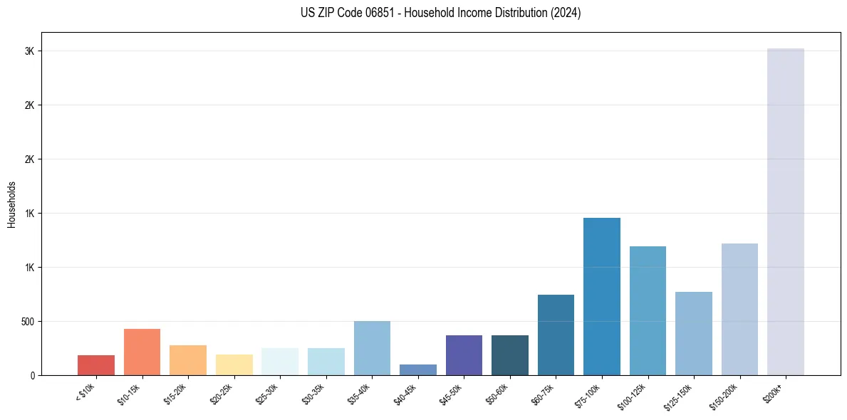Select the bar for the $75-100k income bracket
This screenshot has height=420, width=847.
point(601,296)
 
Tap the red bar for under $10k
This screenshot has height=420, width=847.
point(96,364)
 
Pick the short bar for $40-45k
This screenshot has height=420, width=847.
point(417,369)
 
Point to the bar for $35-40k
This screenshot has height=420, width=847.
point(372,348)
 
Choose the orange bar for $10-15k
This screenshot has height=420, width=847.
point(142,352)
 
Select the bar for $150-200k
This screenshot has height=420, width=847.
point(739,309)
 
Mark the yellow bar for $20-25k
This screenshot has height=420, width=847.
point(234,364)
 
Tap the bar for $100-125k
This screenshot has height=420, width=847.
point(648,310)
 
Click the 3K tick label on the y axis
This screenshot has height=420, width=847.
point(30,51)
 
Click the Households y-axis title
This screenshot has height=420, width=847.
point(11,204)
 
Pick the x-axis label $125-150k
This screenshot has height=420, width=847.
point(680,396)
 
